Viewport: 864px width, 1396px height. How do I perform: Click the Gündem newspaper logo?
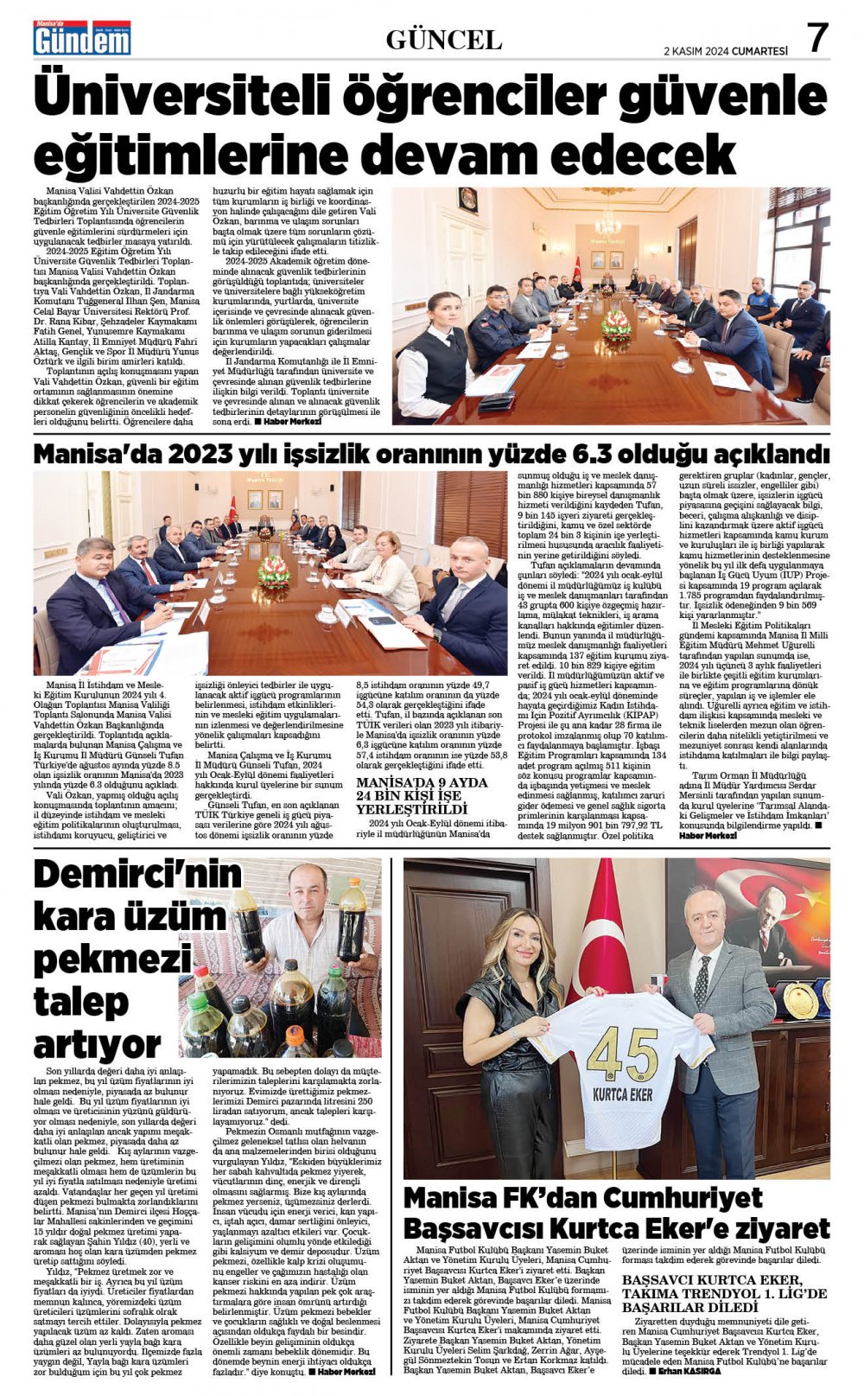pyautogui.click(x=81, y=39)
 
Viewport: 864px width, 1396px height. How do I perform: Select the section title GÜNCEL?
pyautogui.click(x=443, y=40)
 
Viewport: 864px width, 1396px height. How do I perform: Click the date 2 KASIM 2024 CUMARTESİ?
pyautogui.click(x=725, y=51)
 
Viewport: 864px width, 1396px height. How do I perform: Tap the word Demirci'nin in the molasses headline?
pyautogui.click(x=137, y=875)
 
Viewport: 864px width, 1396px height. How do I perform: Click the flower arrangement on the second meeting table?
pyautogui.click(x=274, y=571)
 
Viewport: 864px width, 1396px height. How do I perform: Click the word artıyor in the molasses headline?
pyautogui.click(x=98, y=1045)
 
